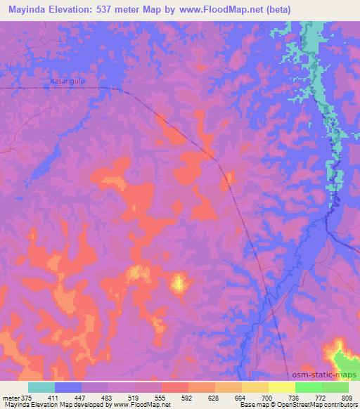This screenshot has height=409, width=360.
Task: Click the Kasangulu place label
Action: [67, 82]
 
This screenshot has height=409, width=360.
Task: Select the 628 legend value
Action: [214, 398]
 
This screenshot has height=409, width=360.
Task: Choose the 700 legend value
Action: [268, 398]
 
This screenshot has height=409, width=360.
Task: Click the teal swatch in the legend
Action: [41, 387]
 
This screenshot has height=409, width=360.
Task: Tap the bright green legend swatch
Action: [309, 387]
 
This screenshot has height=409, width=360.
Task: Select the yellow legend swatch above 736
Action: [282, 387]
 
